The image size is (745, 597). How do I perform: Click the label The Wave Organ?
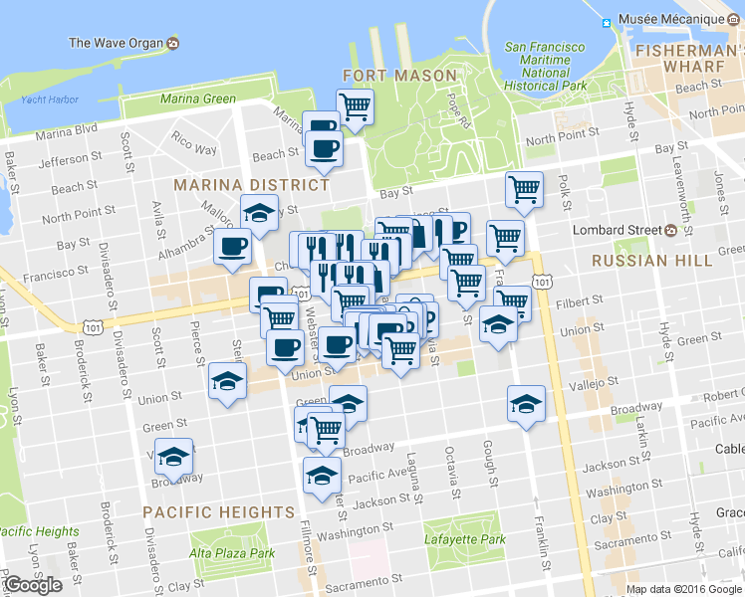(x=116, y=43)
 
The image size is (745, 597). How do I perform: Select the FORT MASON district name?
(x=399, y=75)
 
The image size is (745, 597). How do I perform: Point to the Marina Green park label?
(x=198, y=99)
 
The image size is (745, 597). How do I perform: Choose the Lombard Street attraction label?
(x=617, y=230)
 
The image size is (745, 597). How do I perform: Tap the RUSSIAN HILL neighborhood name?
(x=651, y=260)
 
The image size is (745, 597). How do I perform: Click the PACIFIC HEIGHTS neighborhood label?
(x=218, y=511)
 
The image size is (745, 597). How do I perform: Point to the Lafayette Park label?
(x=464, y=539)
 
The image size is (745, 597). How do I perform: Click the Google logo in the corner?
(x=33, y=585)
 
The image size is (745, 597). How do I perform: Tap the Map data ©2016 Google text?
(x=683, y=589)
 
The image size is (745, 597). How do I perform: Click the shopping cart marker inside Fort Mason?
(x=355, y=105)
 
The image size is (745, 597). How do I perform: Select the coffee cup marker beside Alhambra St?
(x=233, y=245)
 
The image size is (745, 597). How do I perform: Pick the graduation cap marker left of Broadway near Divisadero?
(x=174, y=457)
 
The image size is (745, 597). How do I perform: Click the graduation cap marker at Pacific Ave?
(x=321, y=476)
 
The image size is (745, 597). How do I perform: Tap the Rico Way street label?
(x=194, y=142)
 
